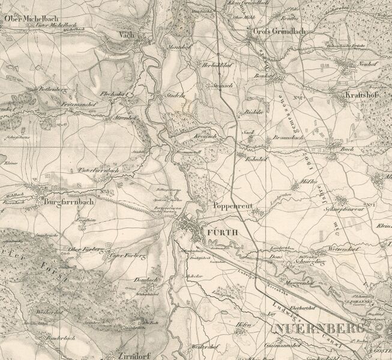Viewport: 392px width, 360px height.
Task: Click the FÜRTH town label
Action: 223,230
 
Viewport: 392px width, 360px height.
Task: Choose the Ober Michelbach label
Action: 25,19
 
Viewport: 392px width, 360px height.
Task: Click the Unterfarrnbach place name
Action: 99,170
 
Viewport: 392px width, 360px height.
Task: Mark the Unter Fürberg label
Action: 128,256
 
